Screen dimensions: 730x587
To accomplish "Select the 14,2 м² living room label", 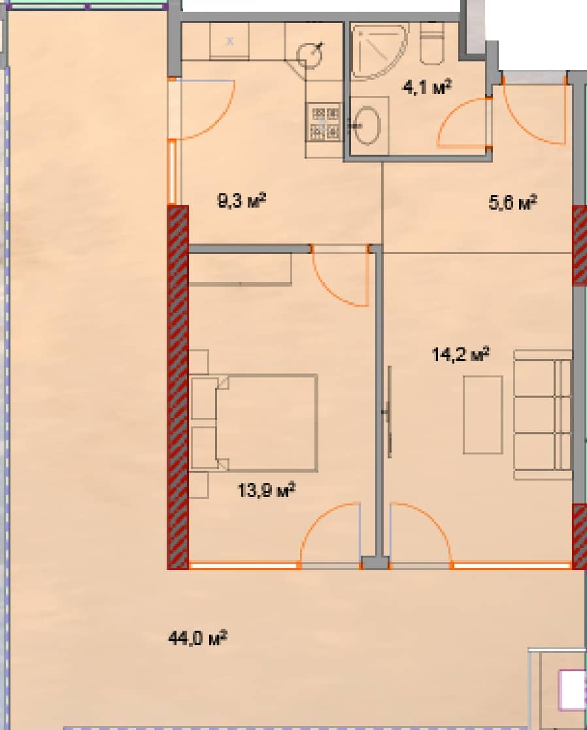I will point(460,355).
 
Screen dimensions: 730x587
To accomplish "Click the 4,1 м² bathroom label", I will point(428,87).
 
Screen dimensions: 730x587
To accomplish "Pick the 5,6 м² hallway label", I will point(512,203).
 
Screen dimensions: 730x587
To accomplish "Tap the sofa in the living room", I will point(543,414).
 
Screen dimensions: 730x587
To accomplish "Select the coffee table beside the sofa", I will point(482,415).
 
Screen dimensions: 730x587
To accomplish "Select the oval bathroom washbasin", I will point(367,125).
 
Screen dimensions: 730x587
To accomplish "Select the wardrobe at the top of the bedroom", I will point(240,270).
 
